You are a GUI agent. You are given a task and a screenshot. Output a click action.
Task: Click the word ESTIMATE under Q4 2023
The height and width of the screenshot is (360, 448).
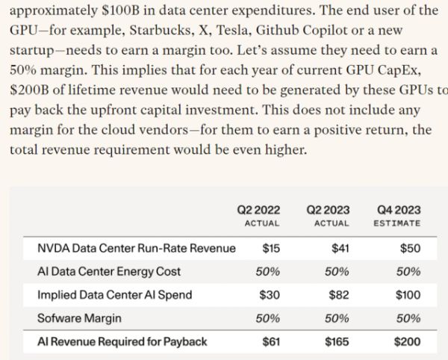[x=397, y=223]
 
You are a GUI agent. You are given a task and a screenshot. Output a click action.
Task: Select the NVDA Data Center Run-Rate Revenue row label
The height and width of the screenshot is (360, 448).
[x=136, y=248]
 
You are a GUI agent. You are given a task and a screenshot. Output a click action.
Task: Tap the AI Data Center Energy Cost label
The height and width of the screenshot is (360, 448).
[x=108, y=271]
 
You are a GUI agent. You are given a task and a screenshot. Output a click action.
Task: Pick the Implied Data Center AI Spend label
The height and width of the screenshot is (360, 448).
[x=114, y=295]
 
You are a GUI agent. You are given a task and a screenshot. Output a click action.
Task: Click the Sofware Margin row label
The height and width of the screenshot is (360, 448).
[x=78, y=318]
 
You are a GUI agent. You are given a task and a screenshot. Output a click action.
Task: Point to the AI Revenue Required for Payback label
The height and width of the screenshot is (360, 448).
[x=122, y=342]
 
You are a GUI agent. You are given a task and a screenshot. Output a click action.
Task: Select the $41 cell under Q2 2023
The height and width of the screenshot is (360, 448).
[x=340, y=248]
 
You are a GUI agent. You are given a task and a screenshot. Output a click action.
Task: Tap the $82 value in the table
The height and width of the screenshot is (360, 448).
[x=340, y=295]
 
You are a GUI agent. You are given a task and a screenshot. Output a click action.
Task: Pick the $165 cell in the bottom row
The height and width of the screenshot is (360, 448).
[x=337, y=342]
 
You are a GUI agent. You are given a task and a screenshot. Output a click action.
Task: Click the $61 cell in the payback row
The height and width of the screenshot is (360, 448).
[x=270, y=342]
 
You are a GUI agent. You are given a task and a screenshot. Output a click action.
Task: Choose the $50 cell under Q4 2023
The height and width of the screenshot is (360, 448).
[x=409, y=248]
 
